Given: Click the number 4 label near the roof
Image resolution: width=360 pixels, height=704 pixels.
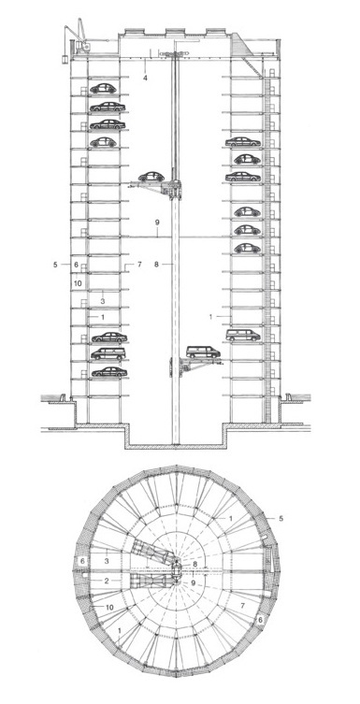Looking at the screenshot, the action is pyautogui.click(x=145, y=79).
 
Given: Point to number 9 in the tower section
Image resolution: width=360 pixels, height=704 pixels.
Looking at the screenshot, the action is pyautogui.click(x=158, y=222).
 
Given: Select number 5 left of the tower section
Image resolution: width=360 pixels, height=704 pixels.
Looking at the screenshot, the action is pyautogui.click(x=56, y=265).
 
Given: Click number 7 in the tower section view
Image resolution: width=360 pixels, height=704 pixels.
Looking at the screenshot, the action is pyautogui.click(x=138, y=265).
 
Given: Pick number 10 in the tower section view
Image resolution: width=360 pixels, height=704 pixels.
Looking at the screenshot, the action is pyautogui.click(x=79, y=281).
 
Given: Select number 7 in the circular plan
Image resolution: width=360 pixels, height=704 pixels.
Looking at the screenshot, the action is pyautogui.click(x=243, y=607).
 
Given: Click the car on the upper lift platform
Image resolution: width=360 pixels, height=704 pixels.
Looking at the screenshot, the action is pyautogui.click(x=149, y=178).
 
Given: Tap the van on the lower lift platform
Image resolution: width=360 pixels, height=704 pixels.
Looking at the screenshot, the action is pyautogui.click(x=203, y=352).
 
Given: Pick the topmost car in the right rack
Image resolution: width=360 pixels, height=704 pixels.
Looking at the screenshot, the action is pyautogui.click(x=242, y=142).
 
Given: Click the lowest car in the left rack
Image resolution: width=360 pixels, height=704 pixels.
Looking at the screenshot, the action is pyautogui.click(x=108, y=372).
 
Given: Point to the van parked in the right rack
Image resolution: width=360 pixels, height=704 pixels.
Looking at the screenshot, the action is pyautogui.click(x=244, y=334).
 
